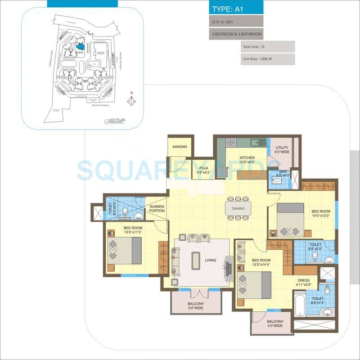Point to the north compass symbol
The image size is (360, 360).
click(x=131, y=101)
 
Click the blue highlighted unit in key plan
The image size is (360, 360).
click(x=80, y=46)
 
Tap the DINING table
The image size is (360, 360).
click(x=238, y=208)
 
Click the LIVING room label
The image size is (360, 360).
click(x=210, y=260)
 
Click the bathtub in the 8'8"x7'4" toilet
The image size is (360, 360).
click(x=300, y=304)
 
